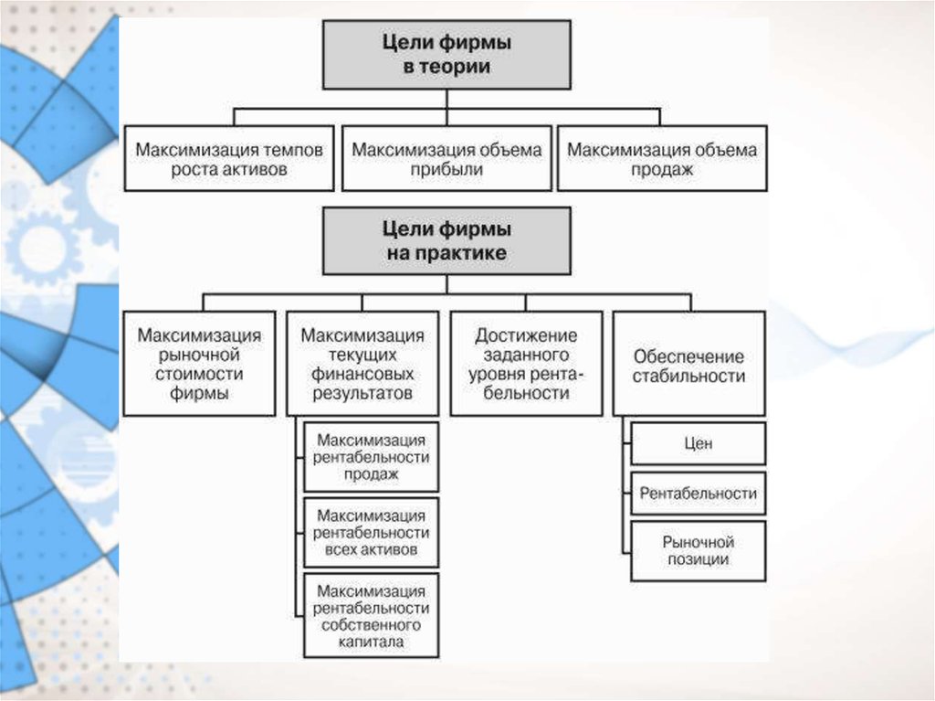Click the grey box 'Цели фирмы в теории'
tap(446, 55)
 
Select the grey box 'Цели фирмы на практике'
tap(446, 240)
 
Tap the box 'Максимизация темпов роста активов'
tap(229, 159)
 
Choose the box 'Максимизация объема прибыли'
tap(446, 159)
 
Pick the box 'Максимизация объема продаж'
tap(662, 159)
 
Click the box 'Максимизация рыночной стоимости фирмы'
tap(200, 364)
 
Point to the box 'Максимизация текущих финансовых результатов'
tap(362, 364)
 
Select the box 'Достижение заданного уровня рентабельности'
tap(525, 364)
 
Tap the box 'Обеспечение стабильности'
tap(688, 364)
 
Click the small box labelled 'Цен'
tap(698, 443)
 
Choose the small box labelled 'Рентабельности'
tap(698, 493)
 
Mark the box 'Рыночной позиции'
tap(698, 550)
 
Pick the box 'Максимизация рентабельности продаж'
tap(372, 457)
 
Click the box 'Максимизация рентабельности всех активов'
tap(372, 532)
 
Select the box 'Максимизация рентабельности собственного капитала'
tap(372, 615)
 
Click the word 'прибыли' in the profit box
tap(446, 170)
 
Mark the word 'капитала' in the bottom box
tap(372, 643)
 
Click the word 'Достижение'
tap(526, 335)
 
